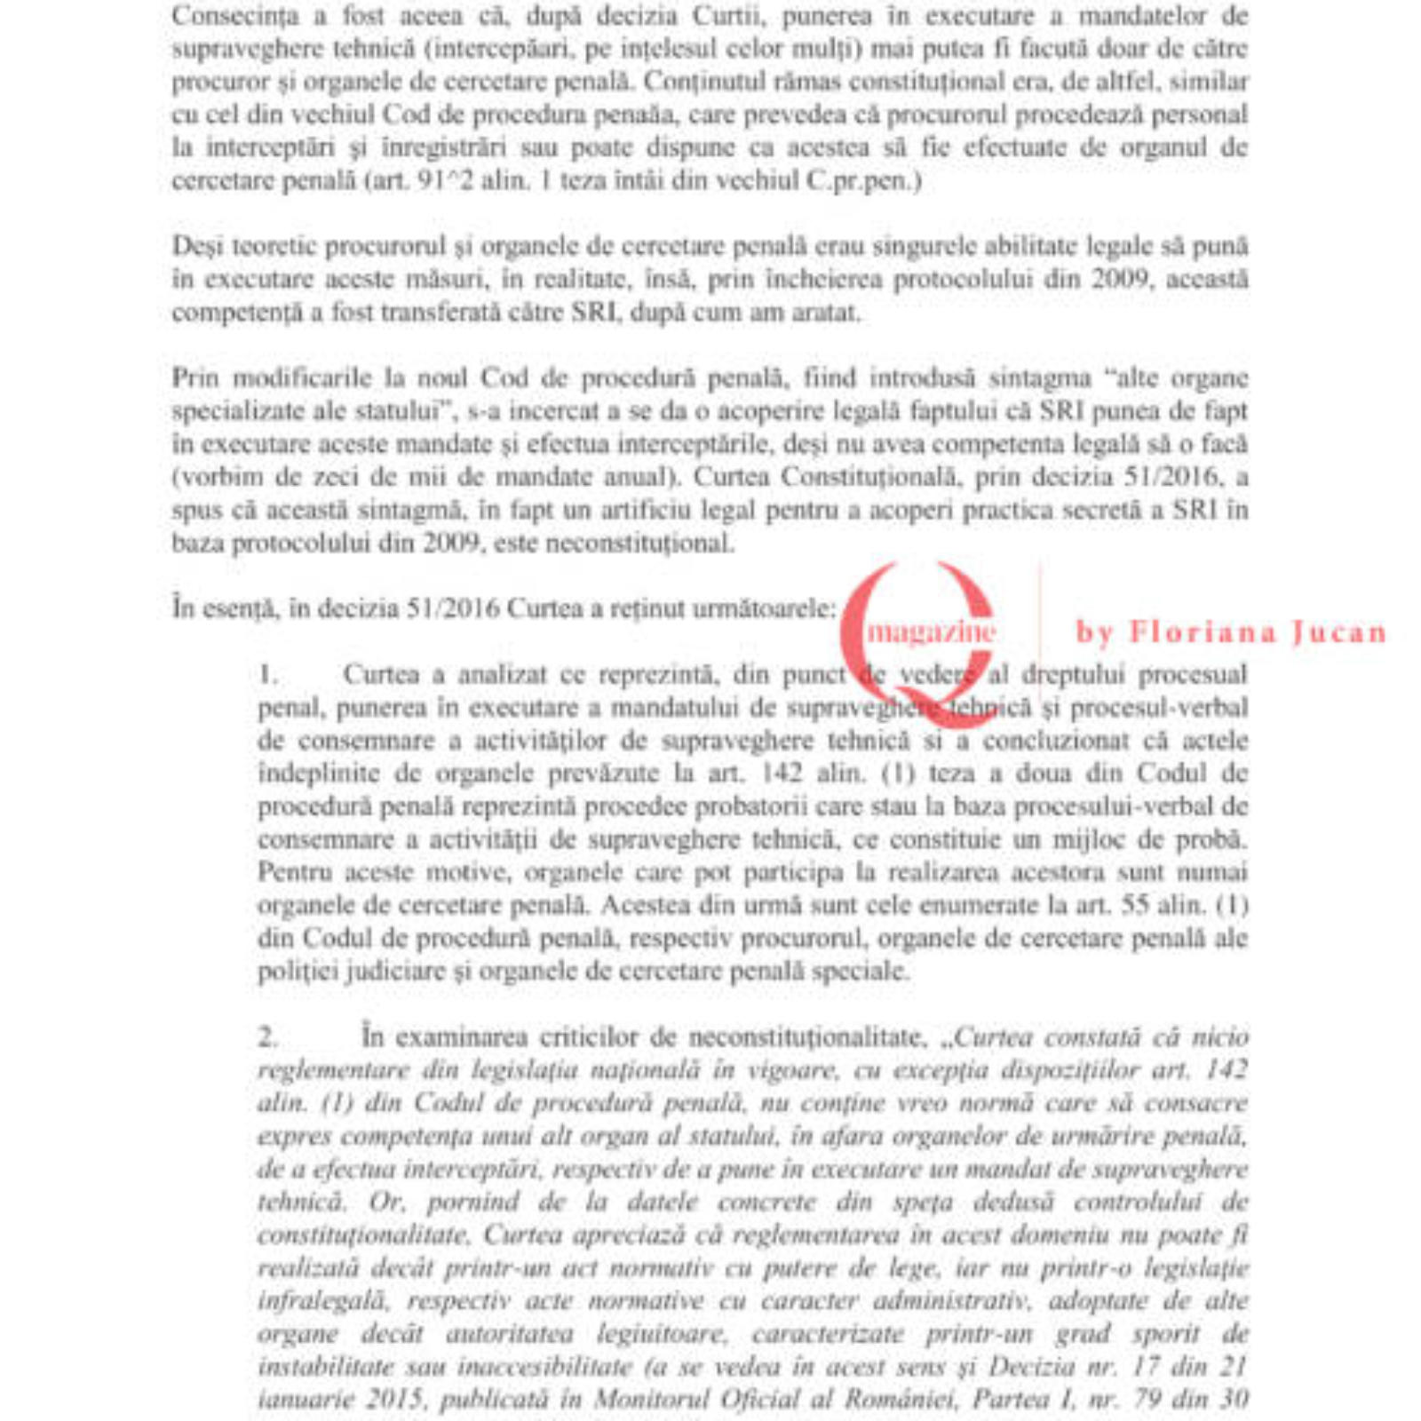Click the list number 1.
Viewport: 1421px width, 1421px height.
pos(266,675)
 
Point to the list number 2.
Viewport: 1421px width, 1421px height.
pos(268,1037)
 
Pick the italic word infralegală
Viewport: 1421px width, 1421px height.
pos(323,1301)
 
